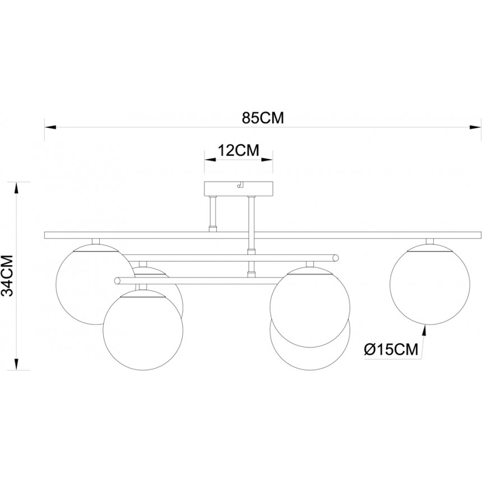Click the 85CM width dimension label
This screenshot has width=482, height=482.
[263, 118]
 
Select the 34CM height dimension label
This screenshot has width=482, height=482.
[8, 275]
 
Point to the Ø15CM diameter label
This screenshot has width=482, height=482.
[391, 350]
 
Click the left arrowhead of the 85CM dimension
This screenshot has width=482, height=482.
[50, 127]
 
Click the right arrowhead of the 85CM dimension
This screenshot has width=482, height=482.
[475, 127]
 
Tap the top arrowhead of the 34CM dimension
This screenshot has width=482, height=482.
[16, 188]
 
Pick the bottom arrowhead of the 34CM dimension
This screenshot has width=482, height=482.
[16, 364]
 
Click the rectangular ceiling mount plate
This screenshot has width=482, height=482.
[239, 188]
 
